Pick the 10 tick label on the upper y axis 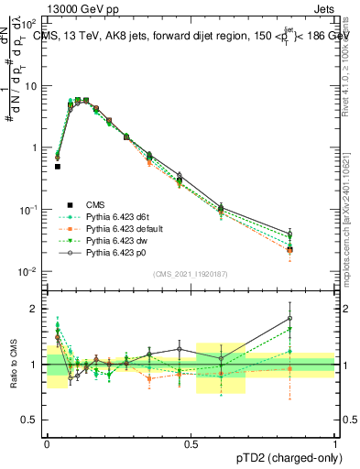click(31, 86)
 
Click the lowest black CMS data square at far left click(58, 167)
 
